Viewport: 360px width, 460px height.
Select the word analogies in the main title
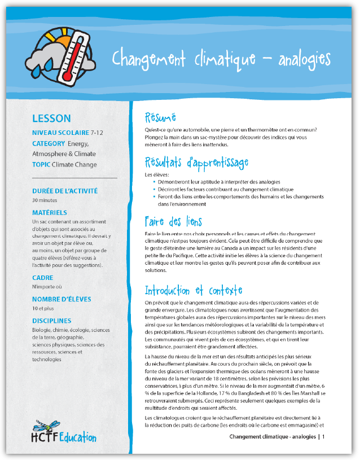(x=304, y=59)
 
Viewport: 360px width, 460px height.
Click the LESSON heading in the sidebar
(x=51, y=119)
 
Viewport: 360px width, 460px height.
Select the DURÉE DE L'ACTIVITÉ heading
(x=65, y=191)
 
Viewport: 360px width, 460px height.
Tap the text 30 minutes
(x=45, y=200)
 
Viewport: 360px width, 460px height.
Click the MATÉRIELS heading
(x=50, y=213)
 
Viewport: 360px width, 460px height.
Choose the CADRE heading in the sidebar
(x=43, y=278)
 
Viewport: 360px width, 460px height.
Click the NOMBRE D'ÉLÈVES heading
(x=62, y=299)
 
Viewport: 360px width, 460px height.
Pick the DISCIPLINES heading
(x=52, y=321)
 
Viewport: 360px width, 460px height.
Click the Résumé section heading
(x=161, y=118)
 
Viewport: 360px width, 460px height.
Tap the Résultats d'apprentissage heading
(x=196, y=163)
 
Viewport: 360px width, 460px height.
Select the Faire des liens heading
(x=173, y=221)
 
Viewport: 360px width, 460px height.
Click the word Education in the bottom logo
(x=78, y=438)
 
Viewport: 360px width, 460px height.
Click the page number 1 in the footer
(x=323, y=437)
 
